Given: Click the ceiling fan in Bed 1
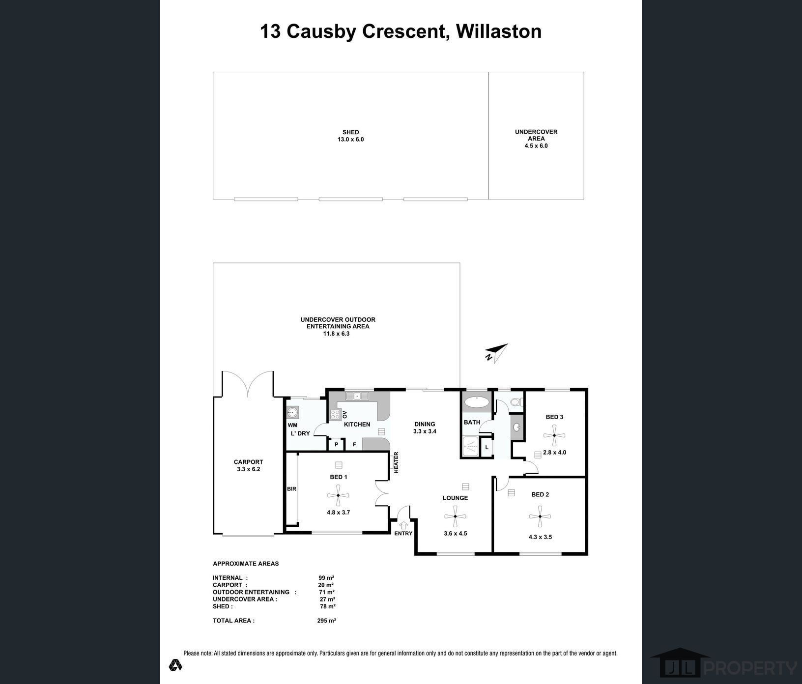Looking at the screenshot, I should coord(338,496).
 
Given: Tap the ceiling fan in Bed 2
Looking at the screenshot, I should coord(540,516).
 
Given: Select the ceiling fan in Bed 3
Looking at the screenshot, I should coord(554,435).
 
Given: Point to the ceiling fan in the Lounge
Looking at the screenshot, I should coord(455,516).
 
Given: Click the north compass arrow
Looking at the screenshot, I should coord(497,353).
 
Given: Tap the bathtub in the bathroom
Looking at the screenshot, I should coord(476,402).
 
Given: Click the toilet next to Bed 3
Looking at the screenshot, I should coord(515,402).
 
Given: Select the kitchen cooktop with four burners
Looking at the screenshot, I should coord(336,414).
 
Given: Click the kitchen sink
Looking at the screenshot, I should coord(357,396).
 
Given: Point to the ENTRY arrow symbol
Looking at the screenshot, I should coord(403,525).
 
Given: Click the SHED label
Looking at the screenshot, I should coord(350,132).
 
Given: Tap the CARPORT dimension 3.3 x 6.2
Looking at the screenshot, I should coord(248,469).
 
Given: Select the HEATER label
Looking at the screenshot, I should coord(396,462).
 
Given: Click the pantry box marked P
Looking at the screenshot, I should coord(337,444).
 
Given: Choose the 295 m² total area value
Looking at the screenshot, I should coord(326,621).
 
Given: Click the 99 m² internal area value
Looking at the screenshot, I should coord(326,578).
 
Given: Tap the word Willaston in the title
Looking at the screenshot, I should coord(498,31).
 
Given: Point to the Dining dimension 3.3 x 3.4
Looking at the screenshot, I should coord(425,431).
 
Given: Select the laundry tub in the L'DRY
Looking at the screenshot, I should coord(293,412).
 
